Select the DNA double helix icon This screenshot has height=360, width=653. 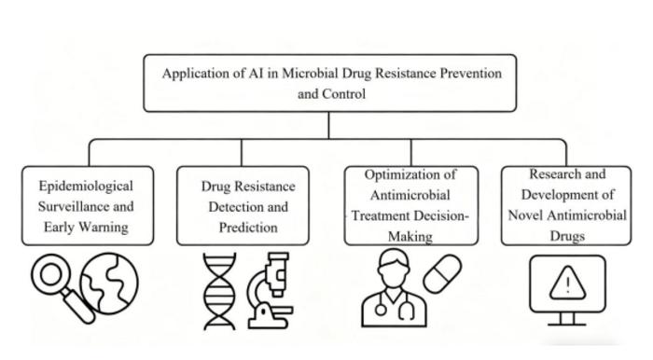(x=220, y=290)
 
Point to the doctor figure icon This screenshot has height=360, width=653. (x=391, y=290)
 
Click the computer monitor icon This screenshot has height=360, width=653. (x=565, y=289)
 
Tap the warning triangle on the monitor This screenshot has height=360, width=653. (x=565, y=279)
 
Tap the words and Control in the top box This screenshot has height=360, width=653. (x=327, y=93)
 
